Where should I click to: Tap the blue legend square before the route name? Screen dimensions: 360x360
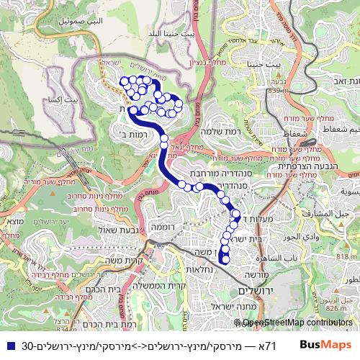tap(8, 345)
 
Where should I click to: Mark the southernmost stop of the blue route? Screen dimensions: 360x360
tap(225, 259)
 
